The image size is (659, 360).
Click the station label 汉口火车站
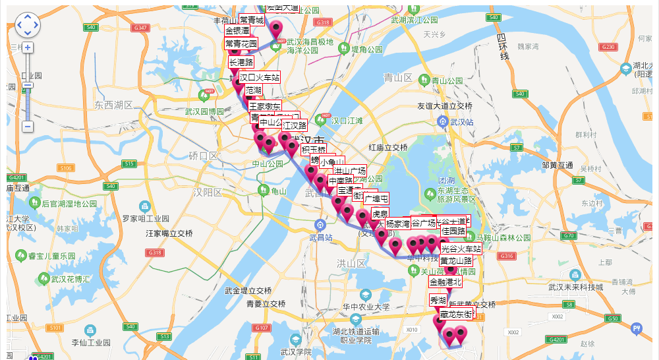pyautogui.click(x=259, y=77)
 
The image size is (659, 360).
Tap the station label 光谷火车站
pyautogui.click(x=461, y=249)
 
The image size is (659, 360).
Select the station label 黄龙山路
pyautogui.click(x=456, y=260)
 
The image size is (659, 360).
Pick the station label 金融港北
pyautogui.click(x=445, y=282)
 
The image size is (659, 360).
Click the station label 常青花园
pyautogui.click(x=241, y=44)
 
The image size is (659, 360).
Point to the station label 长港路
pyautogui.click(x=241, y=62)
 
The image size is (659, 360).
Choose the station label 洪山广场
pyautogui.click(x=349, y=171)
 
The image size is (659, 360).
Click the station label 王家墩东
pyautogui.click(x=264, y=106)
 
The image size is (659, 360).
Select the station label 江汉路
pyautogui.click(x=294, y=125)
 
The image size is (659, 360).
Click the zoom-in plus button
pyautogui.click(x=28, y=47)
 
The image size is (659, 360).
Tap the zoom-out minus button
pyautogui.click(x=28, y=126)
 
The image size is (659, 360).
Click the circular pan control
pyautogui.click(x=28, y=25)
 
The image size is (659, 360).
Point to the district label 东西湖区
pyautogui.click(x=113, y=105)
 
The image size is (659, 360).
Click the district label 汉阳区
pyautogui.click(x=208, y=192)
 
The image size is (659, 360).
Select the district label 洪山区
pyautogui.click(x=351, y=263)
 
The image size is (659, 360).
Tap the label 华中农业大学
pyautogui.click(x=366, y=307)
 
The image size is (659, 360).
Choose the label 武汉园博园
pyautogui.click(x=204, y=112)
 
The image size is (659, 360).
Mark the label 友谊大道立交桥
pyautogui.click(x=445, y=105)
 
